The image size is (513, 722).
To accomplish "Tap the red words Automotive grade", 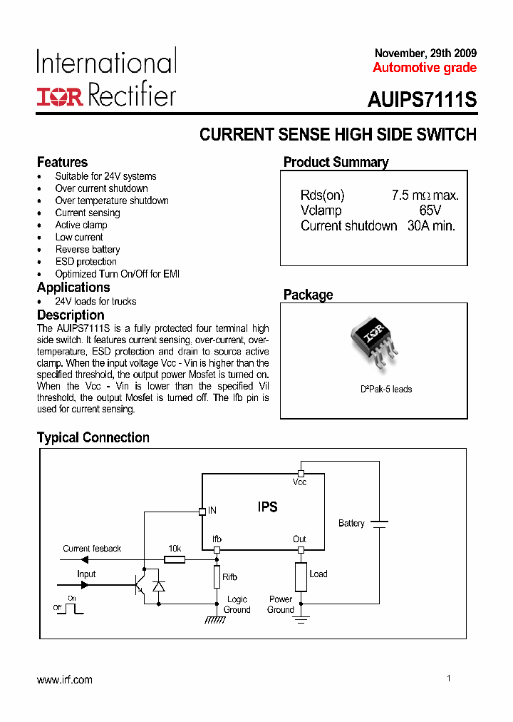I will coord(425,68).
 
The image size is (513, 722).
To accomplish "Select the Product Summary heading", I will coord(336,162).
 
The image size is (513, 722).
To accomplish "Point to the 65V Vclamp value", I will coord(430,210).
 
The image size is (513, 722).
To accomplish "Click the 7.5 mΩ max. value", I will coord(425,195).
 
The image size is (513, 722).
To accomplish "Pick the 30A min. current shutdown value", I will coord(431,225).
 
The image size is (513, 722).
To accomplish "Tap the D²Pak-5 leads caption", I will coord(385,389).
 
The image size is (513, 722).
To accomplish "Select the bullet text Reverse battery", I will coord(88,250).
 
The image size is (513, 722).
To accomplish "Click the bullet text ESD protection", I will coord(86,262).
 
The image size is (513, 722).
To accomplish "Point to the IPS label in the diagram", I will coord(268,507).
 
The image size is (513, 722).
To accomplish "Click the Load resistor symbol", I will coord(301,576).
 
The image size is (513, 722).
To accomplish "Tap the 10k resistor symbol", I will coord(175,559).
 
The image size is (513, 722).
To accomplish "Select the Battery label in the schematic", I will coord(351,523).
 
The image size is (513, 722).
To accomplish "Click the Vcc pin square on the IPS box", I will coord(301,473).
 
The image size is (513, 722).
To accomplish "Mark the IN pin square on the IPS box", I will coord(202,511).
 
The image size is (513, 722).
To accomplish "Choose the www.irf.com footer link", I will coord(65,680).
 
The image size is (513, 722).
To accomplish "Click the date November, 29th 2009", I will coord(425,54).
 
